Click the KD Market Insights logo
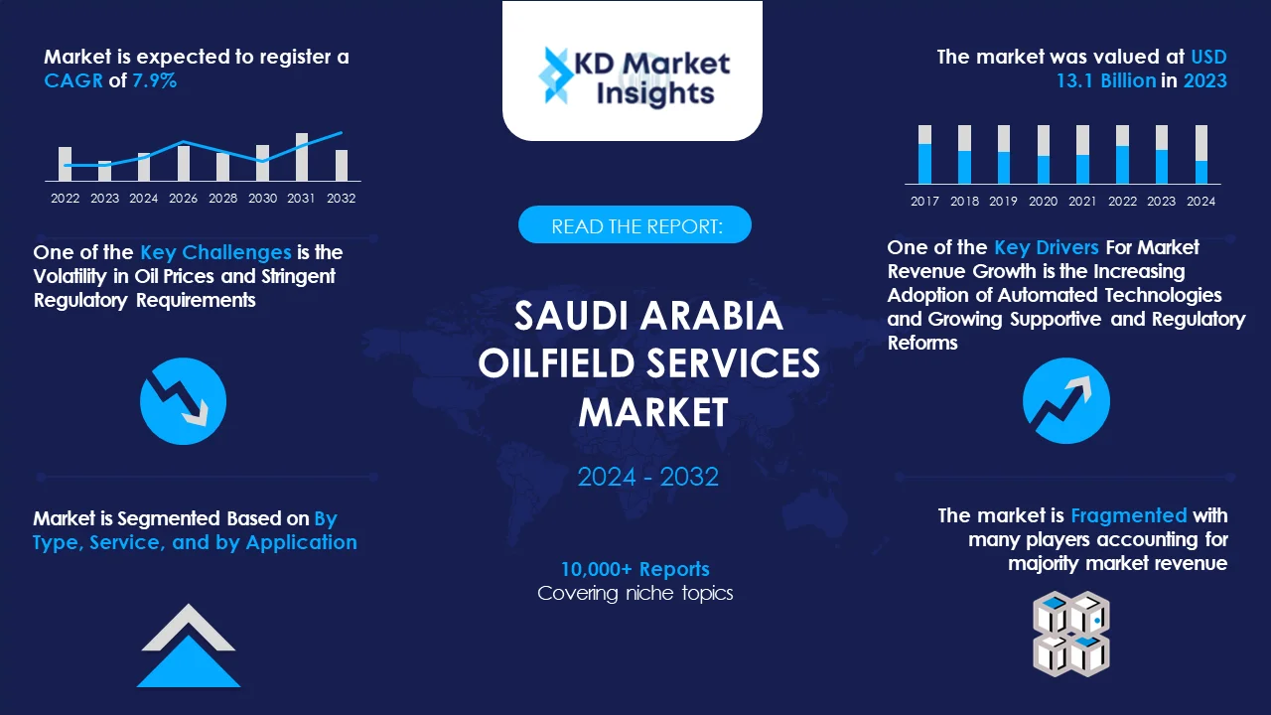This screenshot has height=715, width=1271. (x=633, y=77)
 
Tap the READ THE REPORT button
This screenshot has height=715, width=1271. (x=635, y=225)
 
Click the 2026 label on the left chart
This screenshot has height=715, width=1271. (x=183, y=198)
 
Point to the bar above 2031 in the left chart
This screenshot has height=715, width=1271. (x=302, y=157)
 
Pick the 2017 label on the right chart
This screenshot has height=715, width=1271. (x=924, y=201)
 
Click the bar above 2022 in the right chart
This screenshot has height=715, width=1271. (x=1122, y=155)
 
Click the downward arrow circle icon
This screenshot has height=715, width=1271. (x=184, y=401)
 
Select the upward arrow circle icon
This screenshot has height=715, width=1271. (x=1065, y=401)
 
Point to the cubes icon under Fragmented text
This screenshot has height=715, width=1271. (x=1070, y=634)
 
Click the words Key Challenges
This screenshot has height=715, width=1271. (x=215, y=252)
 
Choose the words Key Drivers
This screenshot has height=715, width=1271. (x=1046, y=247)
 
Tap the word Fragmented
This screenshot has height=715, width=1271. (x=1128, y=515)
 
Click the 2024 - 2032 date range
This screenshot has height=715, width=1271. (x=647, y=477)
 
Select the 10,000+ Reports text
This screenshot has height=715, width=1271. (x=635, y=569)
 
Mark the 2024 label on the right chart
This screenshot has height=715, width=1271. (x=1200, y=201)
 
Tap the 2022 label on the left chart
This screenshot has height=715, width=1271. (x=66, y=198)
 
